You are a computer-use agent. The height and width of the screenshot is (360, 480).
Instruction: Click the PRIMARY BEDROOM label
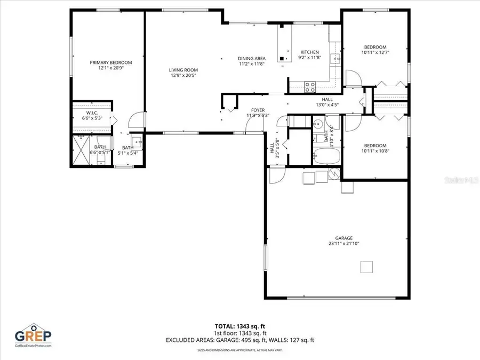(x=110, y=62)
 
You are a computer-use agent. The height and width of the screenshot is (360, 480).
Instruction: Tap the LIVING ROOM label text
(x=183, y=70)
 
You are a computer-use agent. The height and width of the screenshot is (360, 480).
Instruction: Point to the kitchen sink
(x=335, y=59)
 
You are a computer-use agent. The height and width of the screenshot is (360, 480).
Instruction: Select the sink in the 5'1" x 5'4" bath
(x=136, y=141)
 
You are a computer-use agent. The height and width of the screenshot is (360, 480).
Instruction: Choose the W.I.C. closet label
(x=92, y=113)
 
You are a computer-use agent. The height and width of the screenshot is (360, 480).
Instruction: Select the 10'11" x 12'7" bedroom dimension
(x=375, y=52)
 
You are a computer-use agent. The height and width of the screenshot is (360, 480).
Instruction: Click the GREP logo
(x=33, y=336)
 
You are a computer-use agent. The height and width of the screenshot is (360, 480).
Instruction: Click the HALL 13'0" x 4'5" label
(x=327, y=102)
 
